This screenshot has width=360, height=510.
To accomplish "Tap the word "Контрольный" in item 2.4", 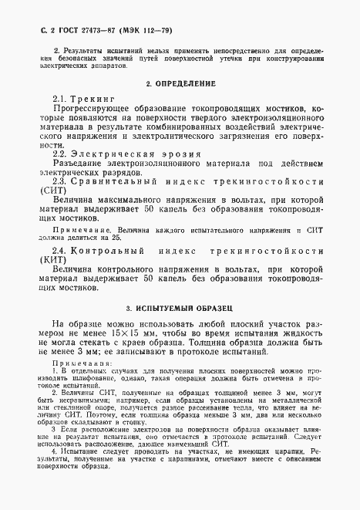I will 103,252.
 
